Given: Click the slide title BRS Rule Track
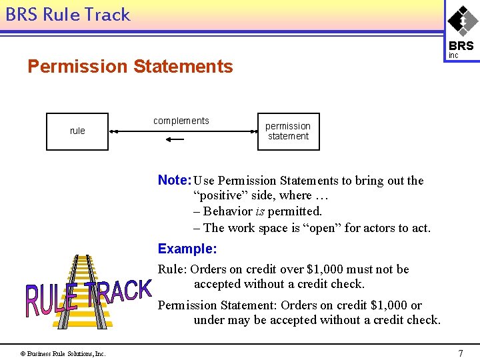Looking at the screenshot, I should click(67, 15).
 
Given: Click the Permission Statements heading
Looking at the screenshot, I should click(130, 67).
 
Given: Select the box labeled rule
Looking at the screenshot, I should click(77, 131).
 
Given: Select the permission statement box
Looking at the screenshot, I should click(288, 131).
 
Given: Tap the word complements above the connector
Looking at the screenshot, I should click(181, 121).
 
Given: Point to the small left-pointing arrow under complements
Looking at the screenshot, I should click(175, 139).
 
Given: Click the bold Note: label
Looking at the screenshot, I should click(174, 180).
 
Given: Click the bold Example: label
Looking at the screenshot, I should click(187, 249).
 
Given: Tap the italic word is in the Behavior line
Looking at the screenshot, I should click(259, 211).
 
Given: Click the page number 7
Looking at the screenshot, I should click(460, 353).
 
